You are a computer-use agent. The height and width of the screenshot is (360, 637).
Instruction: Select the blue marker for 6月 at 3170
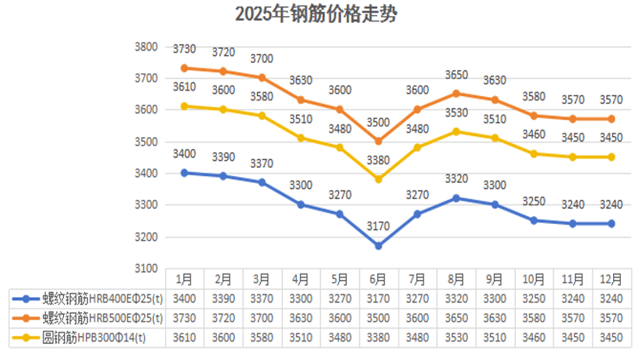click(378, 246)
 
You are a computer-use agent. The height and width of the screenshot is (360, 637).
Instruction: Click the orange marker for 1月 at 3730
click(184, 68)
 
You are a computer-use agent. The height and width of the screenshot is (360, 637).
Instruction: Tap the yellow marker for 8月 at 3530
click(456, 132)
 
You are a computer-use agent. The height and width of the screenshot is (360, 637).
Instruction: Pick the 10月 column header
click(534, 279)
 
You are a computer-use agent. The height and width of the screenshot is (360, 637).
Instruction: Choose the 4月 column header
click(301, 279)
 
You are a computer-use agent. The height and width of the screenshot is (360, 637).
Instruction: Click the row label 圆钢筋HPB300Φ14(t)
click(94, 338)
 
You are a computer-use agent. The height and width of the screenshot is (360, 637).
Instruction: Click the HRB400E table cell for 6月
click(378, 299)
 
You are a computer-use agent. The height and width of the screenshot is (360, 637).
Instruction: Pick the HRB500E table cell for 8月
click(456, 319)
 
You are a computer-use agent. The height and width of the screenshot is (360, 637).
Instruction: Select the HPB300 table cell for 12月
click(611, 338)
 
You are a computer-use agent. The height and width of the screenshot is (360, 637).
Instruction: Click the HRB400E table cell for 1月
click(184, 299)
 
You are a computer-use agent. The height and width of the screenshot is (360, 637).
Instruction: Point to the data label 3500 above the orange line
click(378, 122)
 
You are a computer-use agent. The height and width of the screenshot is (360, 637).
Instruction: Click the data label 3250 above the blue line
click(534, 201)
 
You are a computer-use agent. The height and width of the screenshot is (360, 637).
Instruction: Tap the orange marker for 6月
click(378, 141)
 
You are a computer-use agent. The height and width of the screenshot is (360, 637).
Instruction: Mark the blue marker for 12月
click(611, 224)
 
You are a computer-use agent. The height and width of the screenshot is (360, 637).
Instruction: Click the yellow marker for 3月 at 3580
click(262, 116)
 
